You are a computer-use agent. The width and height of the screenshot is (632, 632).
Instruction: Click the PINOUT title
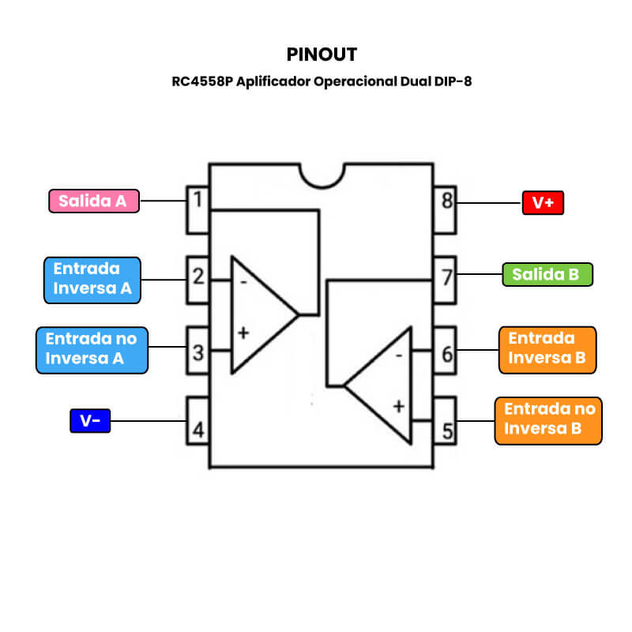click(322, 55)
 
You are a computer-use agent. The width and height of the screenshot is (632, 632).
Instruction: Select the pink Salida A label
click(93, 201)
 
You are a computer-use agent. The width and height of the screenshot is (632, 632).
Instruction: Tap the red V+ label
click(543, 203)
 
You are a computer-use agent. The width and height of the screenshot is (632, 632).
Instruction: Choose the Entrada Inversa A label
click(92, 279)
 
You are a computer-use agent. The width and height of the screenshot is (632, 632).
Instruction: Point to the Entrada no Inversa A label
click(92, 348)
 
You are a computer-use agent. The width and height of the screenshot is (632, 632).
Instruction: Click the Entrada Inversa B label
click(547, 348)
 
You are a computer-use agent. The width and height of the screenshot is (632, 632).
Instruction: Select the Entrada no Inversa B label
click(547, 419)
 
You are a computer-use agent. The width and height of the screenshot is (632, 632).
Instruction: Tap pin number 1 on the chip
click(197, 200)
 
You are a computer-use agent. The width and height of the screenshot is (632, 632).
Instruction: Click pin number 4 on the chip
click(197, 431)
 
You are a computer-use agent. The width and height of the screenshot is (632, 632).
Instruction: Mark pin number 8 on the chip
click(447, 201)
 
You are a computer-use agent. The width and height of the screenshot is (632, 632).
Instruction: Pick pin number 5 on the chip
click(447, 431)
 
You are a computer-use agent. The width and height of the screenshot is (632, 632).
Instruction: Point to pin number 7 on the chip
click(447, 278)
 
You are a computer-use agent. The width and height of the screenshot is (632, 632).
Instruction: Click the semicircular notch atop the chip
click(322, 175)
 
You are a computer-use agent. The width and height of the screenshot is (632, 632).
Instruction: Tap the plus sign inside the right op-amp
click(398, 406)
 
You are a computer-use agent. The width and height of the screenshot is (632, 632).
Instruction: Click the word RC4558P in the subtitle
click(202, 81)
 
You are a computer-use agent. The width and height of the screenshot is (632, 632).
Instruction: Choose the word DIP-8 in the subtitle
click(453, 81)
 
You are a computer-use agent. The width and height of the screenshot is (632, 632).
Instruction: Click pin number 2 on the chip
click(197, 277)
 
